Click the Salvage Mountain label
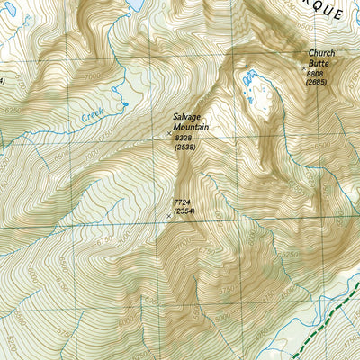click(192, 122)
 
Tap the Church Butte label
click(320, 58)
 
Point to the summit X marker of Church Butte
click(302, 66)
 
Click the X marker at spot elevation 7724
click(168, 215)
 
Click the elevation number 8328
click(185, 137)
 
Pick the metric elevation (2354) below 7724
click(184, 212)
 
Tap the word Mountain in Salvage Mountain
click(193, 128)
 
